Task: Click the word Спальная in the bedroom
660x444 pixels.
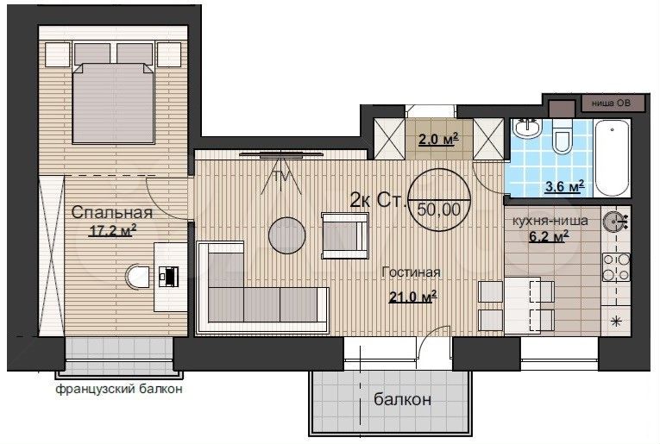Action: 111,212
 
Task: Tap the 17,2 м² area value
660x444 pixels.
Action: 112,230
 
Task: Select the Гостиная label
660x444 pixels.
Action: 411,272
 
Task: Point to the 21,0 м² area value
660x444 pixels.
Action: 412,297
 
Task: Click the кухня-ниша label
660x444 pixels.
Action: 550,221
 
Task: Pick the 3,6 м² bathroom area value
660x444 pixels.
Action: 564,186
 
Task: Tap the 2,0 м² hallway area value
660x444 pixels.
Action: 438,138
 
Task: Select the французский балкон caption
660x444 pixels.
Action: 119,389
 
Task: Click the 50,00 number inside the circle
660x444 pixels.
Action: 439,209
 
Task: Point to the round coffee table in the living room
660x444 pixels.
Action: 287,235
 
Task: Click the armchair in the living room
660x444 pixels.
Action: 345,235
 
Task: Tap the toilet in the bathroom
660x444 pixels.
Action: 562,136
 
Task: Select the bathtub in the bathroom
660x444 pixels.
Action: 612,158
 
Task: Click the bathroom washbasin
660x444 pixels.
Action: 526,128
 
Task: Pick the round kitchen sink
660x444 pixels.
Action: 613,222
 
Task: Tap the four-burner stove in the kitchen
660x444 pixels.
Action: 616,267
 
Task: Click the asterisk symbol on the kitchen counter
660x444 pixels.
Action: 616,322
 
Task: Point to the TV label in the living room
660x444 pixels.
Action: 281,177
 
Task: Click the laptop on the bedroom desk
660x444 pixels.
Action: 169,277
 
